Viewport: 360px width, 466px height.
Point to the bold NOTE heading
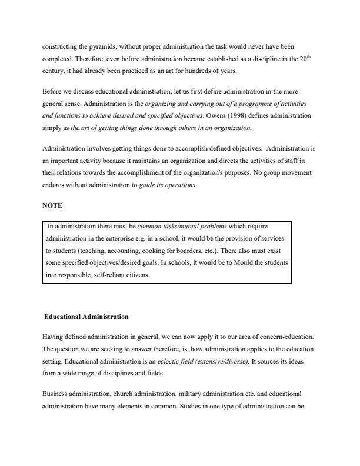(52, 206)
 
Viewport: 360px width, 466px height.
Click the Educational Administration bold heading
(86, 317)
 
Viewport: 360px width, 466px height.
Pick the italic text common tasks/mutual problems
(175, 225)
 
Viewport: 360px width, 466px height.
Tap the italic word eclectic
(175, 362)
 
